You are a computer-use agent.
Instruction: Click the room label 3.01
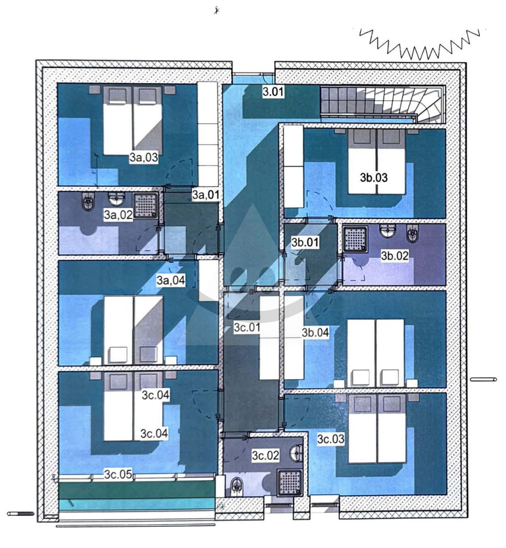[x=273, y=91]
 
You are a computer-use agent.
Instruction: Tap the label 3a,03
[x=144, y=158]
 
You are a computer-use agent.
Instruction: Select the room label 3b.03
[x=374, y=178]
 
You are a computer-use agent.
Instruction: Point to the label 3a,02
[x=118, y=215]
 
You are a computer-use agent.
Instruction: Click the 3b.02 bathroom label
[x=395, y=256]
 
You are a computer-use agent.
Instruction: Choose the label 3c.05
[x=118, y=474]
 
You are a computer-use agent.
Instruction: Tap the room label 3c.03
[x=331, y=439]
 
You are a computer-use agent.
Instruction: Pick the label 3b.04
[x=315, y=332]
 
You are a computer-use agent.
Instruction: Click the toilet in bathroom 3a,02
[x=88, y=203]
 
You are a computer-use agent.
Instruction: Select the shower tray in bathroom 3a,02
[x=146, y=205]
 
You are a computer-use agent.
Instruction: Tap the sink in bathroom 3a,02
[x=117, y=199]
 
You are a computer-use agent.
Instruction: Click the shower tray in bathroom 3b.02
[x=355, y=239]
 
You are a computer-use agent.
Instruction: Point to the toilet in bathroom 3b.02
[x=412, y=234]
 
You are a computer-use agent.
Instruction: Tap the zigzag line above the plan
[x=419, y=44]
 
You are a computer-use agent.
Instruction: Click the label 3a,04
[x=171, y=280]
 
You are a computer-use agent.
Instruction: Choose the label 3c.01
[x=247, y=327]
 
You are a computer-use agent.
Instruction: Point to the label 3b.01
[x=305, y=242]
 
